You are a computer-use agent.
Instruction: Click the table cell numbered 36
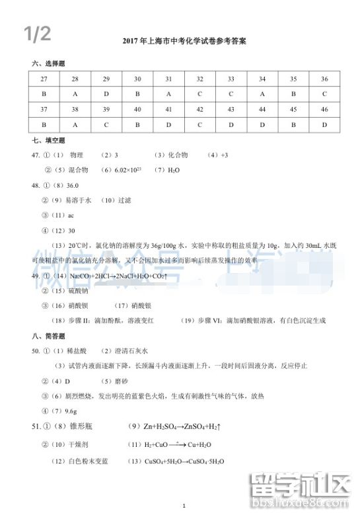(x=324, y=79)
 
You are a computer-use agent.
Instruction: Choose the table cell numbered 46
(x=324, y=109)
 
